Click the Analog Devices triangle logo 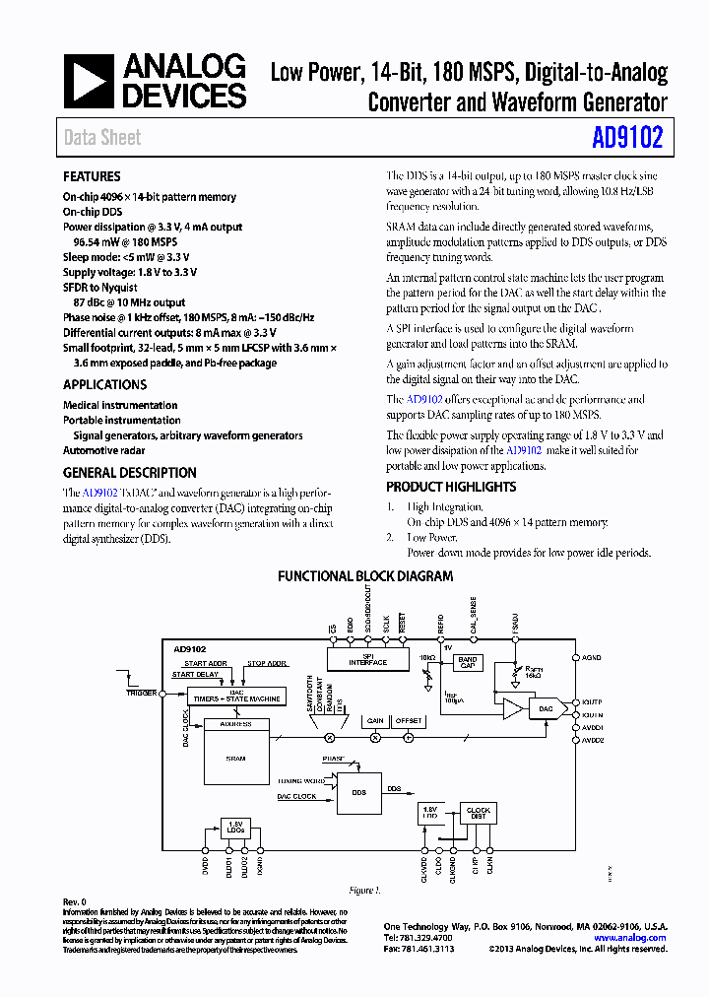(90, 81)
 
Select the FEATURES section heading (92, 177)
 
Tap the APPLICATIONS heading (104, 385)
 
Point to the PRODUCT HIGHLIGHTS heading (450, 487)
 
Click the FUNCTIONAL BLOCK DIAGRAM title (365, 576)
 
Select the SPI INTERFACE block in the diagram (367, 660)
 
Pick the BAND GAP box (468, 663)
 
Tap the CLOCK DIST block (478, 813)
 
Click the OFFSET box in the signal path (409, 721)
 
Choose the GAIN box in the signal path (374, 721)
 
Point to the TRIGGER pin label (142, 694)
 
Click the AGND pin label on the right (591, 657)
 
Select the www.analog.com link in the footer (630, 939)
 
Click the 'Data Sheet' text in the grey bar (102, 138)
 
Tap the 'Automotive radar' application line (104, 450)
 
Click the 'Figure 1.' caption (364, 891)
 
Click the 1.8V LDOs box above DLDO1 (234, 826)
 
